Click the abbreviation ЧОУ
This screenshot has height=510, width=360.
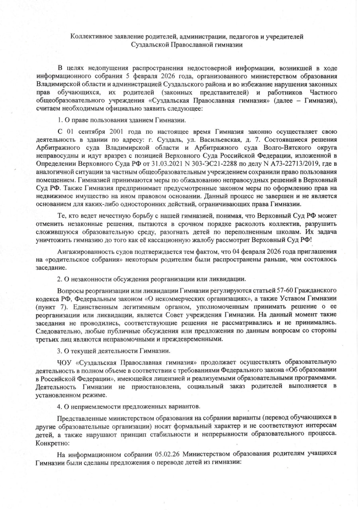65,362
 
